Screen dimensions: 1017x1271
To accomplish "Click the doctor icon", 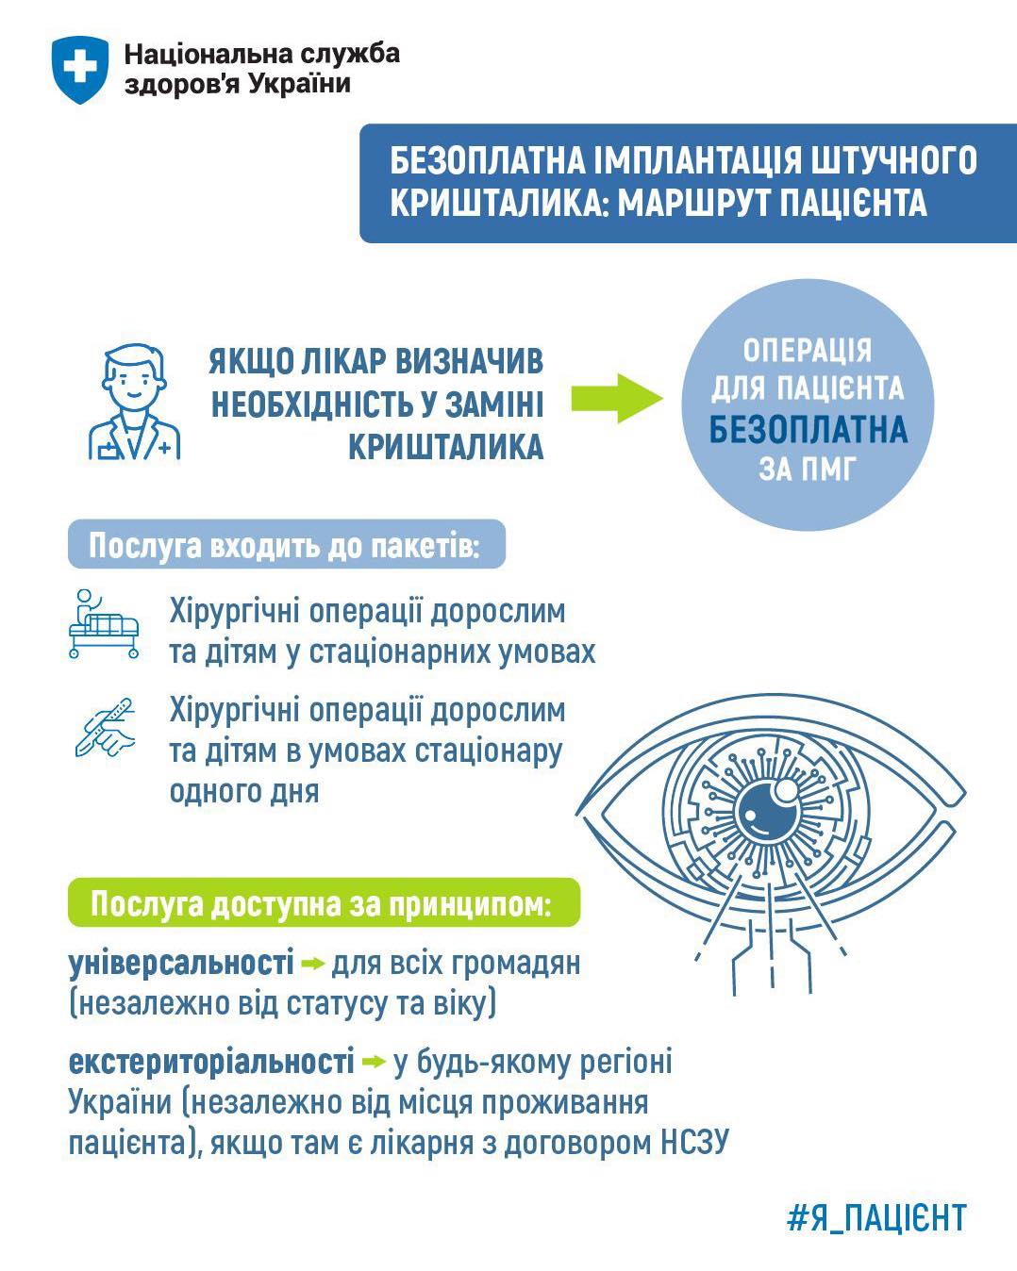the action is [x=134, y=402].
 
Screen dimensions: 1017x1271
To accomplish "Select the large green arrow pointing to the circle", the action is [x=617, y=398].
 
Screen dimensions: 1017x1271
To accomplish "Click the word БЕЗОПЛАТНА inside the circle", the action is [x=808, y=430].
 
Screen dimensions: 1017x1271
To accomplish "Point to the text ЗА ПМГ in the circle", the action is [x=808, y=470].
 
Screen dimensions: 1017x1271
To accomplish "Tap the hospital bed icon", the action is [x=104, y=623].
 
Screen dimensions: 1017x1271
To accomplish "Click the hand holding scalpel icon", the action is [x=105, y=728].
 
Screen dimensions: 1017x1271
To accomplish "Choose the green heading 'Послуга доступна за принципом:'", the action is [x=321, y=903].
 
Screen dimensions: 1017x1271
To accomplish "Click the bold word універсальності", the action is [x=181, y=963].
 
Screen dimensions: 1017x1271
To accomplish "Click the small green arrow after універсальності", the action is [x=313, y=965].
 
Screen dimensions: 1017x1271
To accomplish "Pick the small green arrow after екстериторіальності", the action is [x=374, y=1063].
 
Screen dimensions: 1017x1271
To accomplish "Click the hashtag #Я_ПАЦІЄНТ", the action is [x=877, y=1217].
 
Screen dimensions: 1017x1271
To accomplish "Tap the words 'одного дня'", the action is [x=244, y=792].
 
